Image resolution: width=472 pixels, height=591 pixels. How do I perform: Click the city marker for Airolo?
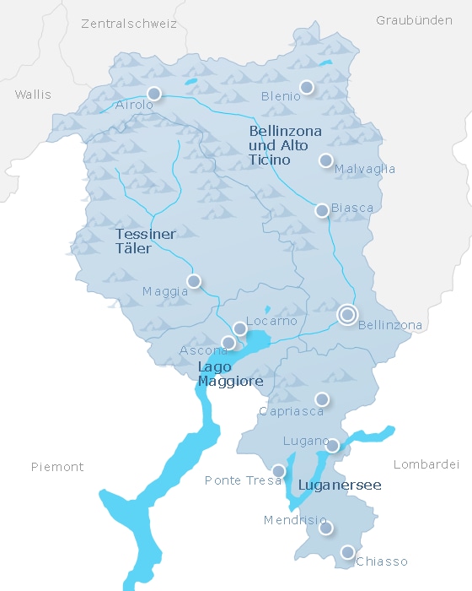[153, 94]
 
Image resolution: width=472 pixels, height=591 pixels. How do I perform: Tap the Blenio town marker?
[307, 87]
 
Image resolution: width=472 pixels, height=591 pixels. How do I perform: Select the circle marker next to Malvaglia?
[326, 160]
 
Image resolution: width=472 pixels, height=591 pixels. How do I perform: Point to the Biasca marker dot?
[322, 210]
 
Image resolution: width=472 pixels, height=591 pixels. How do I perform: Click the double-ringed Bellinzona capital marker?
[346, 315]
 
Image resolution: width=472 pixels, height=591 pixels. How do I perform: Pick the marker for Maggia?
[194, 281]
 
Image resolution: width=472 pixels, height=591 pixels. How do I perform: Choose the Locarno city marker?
[240, 328]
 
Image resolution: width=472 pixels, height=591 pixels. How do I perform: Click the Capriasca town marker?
[322, 399]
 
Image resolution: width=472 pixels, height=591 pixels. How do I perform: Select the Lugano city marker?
[333, 446]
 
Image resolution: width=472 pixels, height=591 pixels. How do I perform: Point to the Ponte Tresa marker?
[279, 471]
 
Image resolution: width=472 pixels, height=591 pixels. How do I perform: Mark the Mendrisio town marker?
[326, 529]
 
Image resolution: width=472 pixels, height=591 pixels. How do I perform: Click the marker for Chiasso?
[347, 552]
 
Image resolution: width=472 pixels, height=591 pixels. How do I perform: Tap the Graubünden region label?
[414, 20]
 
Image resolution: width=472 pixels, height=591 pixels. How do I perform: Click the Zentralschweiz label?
[129, 24]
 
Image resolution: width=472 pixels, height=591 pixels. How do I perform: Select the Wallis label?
[33, 95]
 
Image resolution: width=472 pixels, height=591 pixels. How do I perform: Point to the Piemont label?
[57, 467]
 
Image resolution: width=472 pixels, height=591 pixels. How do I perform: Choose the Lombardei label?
[426, 464]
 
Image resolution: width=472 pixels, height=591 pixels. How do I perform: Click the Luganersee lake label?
[340, 485]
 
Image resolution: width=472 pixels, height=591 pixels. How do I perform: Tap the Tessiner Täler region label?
[145, 241]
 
